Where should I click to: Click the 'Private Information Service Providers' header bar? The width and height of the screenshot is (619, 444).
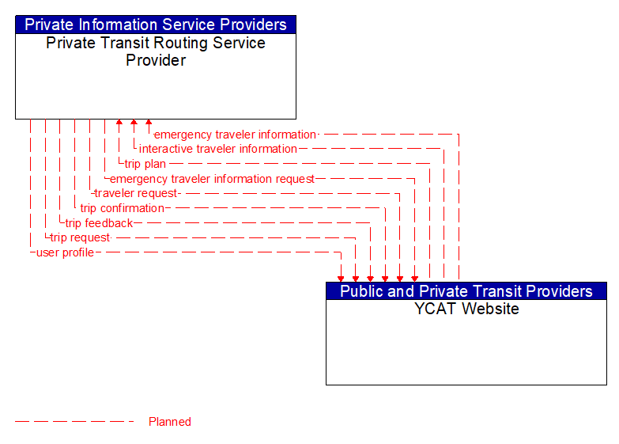[x=156, y=25]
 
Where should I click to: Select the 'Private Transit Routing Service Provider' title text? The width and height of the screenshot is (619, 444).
[x=156, y=51]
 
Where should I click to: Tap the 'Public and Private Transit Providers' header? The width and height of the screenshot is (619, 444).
[x=466, y=291]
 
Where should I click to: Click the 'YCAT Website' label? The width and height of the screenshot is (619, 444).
[x=466, y=309]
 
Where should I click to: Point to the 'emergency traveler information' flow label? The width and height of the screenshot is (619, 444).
[x=235, y=135]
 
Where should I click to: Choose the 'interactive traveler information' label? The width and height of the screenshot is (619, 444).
[x=218, y=149]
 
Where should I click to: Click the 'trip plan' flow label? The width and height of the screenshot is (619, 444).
[x=145, y=164]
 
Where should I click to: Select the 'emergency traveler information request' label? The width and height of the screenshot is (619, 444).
[x=212, y=179]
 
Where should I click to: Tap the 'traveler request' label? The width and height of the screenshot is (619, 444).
[x=137, y=193]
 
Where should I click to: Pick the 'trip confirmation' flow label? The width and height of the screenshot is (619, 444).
[x=123, y=208]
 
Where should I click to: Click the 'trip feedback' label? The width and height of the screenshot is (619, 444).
[x=99, y=223]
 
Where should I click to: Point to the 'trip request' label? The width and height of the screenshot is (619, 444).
[x=80, y=237]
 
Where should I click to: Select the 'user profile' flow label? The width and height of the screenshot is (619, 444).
[x=65, y=252]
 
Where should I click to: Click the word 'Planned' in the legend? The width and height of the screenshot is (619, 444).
[x=170, y=422]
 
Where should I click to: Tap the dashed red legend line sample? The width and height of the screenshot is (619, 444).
[x=75, y=422]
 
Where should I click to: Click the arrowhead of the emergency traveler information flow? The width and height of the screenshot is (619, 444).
[x=149, y=123]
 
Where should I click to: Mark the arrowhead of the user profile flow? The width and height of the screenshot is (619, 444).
[x=341, y=278]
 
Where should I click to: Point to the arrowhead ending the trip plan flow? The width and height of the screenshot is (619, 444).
[x=119, y=123]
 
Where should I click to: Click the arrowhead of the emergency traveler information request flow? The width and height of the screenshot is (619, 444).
[x=414, y=278]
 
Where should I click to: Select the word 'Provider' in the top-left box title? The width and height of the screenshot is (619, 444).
[x=156, y=60]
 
